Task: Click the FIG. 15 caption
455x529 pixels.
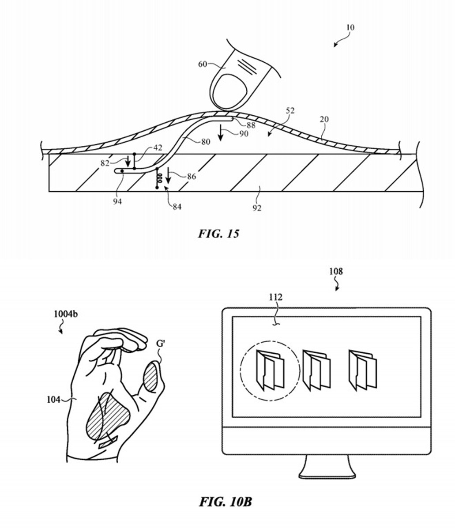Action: tap(218, 234)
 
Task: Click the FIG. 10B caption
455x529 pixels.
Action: tap(226, 502)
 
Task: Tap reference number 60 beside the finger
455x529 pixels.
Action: tap(203, 64)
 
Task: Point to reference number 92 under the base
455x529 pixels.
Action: tap(257, 208)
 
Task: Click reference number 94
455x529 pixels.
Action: tap(117, 201)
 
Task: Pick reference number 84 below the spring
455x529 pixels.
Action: tap(177, 207)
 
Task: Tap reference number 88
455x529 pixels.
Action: tap(251, 125)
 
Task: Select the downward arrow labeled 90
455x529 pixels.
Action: tap(221, 132)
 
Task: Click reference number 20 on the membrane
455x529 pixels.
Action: tap(324, 119)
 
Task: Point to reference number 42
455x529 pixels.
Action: tap(158, 148)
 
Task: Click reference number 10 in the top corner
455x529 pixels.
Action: tap(350, 27)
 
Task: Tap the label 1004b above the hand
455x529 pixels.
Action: tap(66, 314)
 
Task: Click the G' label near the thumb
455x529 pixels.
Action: tap(161, 344)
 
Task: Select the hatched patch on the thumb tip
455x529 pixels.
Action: tap(150, 377)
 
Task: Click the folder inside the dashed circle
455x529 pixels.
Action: tap(270, 370)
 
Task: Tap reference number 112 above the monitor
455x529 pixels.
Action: tap(275, 297)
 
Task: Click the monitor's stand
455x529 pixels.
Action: tap(327, 467)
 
